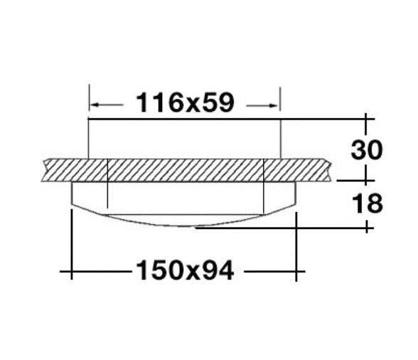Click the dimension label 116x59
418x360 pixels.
click(x=184, y=103)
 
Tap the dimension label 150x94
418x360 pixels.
click(x=183, y=270)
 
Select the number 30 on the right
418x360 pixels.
click(x=366, y=150)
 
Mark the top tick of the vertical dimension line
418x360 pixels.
click(x=366, y=118)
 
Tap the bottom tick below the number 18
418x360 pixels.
click(x=366, y=228)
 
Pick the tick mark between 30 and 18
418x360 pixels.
click(x=366, y=181)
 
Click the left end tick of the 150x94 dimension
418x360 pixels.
click(x=72, y=271)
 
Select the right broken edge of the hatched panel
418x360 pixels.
click(x=331, y=169)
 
